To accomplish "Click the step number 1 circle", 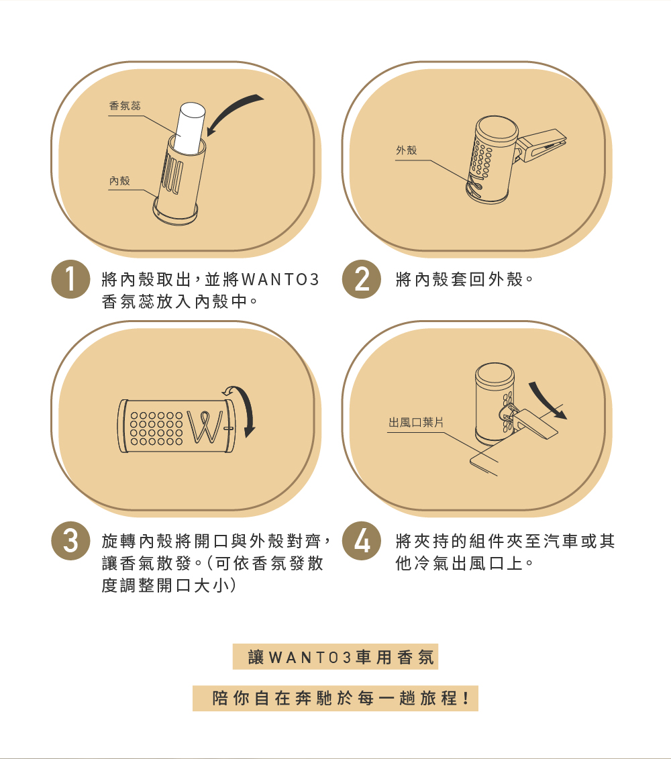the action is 70,279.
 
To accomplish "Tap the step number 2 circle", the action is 362,279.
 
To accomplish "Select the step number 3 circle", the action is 70,541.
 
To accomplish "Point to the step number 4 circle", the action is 362,541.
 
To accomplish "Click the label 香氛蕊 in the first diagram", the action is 124,105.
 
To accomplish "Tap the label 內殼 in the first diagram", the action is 119,181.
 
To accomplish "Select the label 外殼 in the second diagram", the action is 406,150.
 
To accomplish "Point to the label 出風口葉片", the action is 416,423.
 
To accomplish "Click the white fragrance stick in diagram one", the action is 191,128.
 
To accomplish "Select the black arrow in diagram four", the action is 547,401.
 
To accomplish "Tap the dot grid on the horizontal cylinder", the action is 156,428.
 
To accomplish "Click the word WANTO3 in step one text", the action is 280,279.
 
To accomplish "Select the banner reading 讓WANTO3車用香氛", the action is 335,657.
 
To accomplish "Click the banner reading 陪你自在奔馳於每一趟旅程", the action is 335,699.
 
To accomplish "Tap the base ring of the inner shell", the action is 174,213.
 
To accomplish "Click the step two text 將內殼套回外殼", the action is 464,279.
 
